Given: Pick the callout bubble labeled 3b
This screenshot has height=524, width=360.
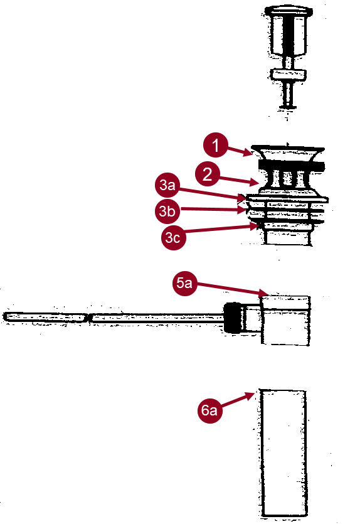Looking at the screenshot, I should pyautogui.click(x=167, y=211).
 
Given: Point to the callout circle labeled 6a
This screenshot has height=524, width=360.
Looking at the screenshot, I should pyautogui.click(x=209, y=411).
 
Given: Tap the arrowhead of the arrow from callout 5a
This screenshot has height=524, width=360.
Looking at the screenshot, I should pyautogui.click(x=269, y=293).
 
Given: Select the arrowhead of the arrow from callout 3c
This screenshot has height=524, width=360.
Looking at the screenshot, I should pyautogui.click(x=258, y=227).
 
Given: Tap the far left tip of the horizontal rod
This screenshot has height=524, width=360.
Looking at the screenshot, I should pyautogui.click(x=5, y=316).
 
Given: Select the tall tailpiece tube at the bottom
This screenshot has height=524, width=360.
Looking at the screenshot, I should pyautogui.click(x=284, y=452).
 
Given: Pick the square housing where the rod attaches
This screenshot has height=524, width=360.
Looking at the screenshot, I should pyautogui.click(x=286, y=320).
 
